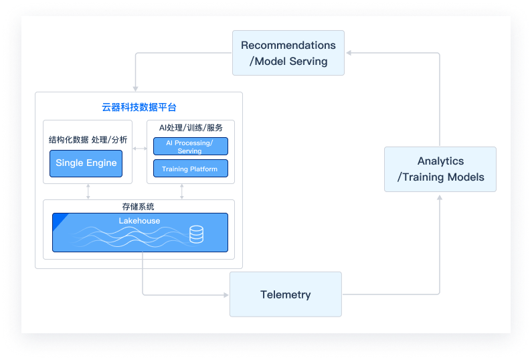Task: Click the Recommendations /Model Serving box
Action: tap(288, 53)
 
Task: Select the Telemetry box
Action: tap(285, 294)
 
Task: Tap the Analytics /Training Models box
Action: tap(440, 169)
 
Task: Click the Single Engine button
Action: tap(86, 163)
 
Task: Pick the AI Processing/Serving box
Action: tap(190, 147)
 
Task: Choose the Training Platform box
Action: tap(190, 169)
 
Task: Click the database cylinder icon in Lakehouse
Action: tap(196, 234)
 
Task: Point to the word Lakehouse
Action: tap(139, 220)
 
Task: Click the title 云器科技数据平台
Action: tap(139, 107)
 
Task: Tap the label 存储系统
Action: tap(139, 207)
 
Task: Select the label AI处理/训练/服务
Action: tap(191, 127)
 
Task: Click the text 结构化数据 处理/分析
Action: tap(88, 140)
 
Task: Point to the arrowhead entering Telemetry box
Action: tap(226, 294)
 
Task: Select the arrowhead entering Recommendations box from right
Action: tap(349, 53)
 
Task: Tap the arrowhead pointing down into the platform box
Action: tap(136, 88)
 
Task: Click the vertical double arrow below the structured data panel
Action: tap(88, 191)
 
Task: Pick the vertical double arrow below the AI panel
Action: tap(182, 191)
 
